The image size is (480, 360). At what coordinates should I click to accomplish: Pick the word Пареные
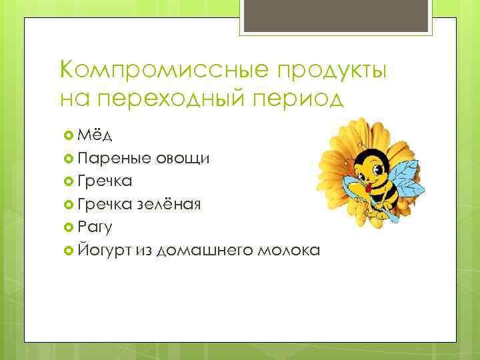pyautogui.click(x=114, y=159)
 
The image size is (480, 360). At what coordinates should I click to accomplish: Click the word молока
pyautogui.click(x=287, y=250)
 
